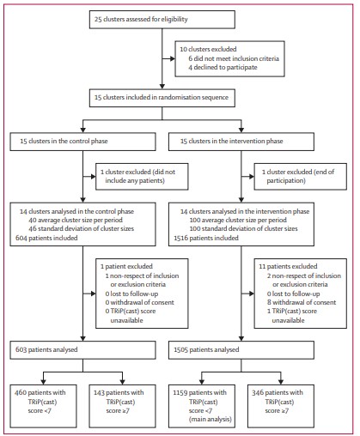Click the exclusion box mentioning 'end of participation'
pos(297,176)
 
